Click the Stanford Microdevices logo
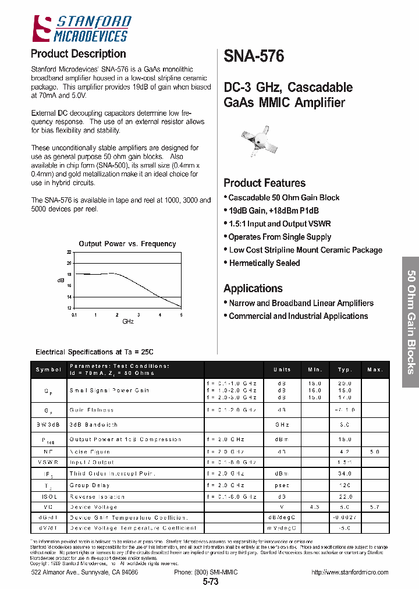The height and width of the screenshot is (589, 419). click(81, 29)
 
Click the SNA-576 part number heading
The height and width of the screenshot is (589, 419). click(254, 56)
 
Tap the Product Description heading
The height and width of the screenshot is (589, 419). click(78, 54)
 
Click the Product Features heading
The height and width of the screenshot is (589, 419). click(264, 183)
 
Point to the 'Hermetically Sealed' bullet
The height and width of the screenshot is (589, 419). click(264, 263)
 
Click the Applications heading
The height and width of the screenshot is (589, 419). click(253, 288)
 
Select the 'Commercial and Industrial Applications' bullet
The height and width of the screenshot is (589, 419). click(297, 316)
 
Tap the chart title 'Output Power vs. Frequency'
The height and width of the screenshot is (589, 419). click(127, 244)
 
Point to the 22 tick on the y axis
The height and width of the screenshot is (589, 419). click(69, 252)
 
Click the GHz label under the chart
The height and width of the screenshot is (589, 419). click(128, 321)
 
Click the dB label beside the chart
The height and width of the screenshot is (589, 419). click(61, 280)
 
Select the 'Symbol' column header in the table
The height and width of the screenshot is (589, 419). click(48, 370)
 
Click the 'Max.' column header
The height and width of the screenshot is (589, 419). click(375, 370)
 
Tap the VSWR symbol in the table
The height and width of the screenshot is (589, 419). click(48, 462)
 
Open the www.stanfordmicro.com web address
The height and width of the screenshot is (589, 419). click(350, 572)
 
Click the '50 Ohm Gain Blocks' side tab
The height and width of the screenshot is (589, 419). click(410, 322)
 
